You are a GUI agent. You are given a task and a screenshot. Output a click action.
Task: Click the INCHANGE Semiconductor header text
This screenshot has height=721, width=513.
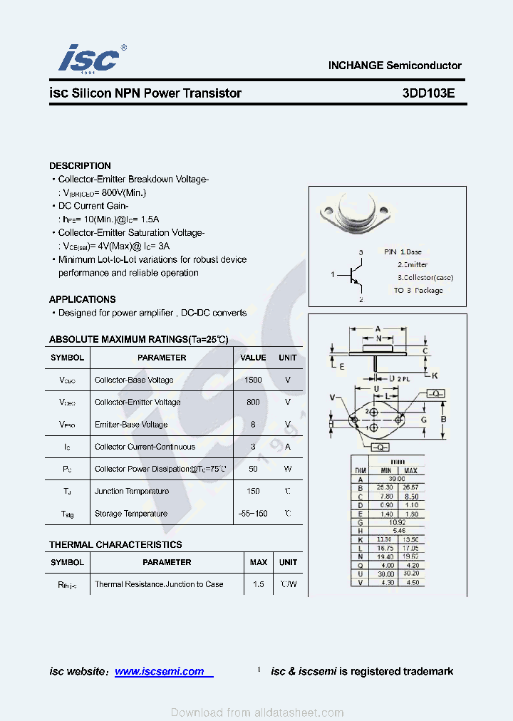coord(395,66)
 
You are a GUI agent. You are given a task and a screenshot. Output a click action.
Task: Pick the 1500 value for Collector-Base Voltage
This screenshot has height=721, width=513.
coord(253,380)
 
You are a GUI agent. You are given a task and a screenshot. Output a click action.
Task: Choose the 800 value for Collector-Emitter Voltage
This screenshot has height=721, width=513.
coord(253,402)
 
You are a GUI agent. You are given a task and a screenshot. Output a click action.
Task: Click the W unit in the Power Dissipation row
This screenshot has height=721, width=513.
coord(288,469)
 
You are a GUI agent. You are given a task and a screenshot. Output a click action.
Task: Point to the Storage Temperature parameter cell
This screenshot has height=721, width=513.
coord(131,514)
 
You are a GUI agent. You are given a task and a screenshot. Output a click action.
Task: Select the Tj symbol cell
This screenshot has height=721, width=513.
coord(67,492)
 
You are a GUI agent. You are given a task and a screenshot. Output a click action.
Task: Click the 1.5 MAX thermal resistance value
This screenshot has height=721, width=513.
coord(258,584)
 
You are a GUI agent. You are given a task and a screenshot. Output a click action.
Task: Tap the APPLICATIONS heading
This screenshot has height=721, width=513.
coord(83,299)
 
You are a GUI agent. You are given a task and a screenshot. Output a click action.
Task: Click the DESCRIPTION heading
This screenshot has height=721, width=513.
coord(80,165)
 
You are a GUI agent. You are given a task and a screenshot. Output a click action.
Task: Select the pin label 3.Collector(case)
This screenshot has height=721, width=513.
coord(425,277)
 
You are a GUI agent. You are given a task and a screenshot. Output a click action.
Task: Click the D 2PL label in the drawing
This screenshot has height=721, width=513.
coord(398,378)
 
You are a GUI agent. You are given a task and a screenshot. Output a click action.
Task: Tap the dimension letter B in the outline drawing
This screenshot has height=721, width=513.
coord(442,420)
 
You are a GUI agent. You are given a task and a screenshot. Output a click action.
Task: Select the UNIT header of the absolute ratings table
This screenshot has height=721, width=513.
coord(288,358)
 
